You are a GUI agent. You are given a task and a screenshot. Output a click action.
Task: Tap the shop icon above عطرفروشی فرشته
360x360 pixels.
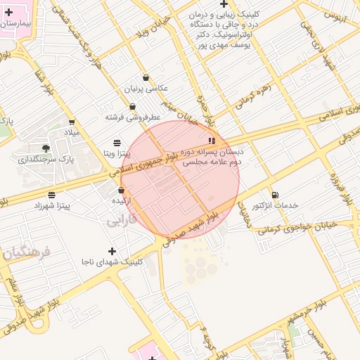click(x=132, y=107)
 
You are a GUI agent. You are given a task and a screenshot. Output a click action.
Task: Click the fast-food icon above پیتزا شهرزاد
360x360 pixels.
click(x=51, y=195)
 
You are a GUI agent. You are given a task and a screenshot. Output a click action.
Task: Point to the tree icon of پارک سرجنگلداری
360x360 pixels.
click(x=46, y=148)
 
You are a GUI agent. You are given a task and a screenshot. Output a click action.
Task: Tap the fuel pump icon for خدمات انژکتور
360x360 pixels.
click(x=274, y=195)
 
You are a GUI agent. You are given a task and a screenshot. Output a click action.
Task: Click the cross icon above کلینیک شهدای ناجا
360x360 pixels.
click(x=111, y=251)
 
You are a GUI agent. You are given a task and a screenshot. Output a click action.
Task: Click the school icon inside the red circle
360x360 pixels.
click(x=212, y=141)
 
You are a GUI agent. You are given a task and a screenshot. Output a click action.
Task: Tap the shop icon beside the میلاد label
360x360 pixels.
click(x=72, y=122)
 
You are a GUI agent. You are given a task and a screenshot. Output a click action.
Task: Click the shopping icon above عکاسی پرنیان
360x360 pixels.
click(x=146, y=78)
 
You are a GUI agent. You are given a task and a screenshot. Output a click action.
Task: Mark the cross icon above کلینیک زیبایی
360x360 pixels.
click(x=224, y=4)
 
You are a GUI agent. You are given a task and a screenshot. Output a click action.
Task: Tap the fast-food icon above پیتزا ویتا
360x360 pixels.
click(x=117, y=143)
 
